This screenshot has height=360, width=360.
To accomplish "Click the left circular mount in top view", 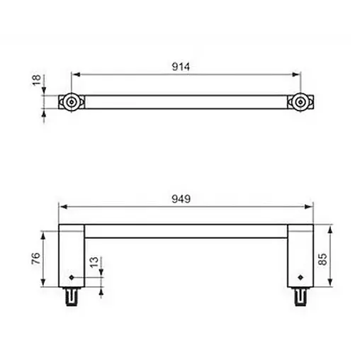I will coord(72,103).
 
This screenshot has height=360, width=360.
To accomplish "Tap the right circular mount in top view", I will coord(300,103).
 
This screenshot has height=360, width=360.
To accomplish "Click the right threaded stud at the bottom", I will coord(300,296).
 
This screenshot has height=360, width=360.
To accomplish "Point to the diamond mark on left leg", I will coord(72,276).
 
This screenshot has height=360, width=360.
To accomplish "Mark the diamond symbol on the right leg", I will coord(300,276).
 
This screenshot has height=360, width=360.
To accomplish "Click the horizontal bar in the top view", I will coord(186,103).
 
